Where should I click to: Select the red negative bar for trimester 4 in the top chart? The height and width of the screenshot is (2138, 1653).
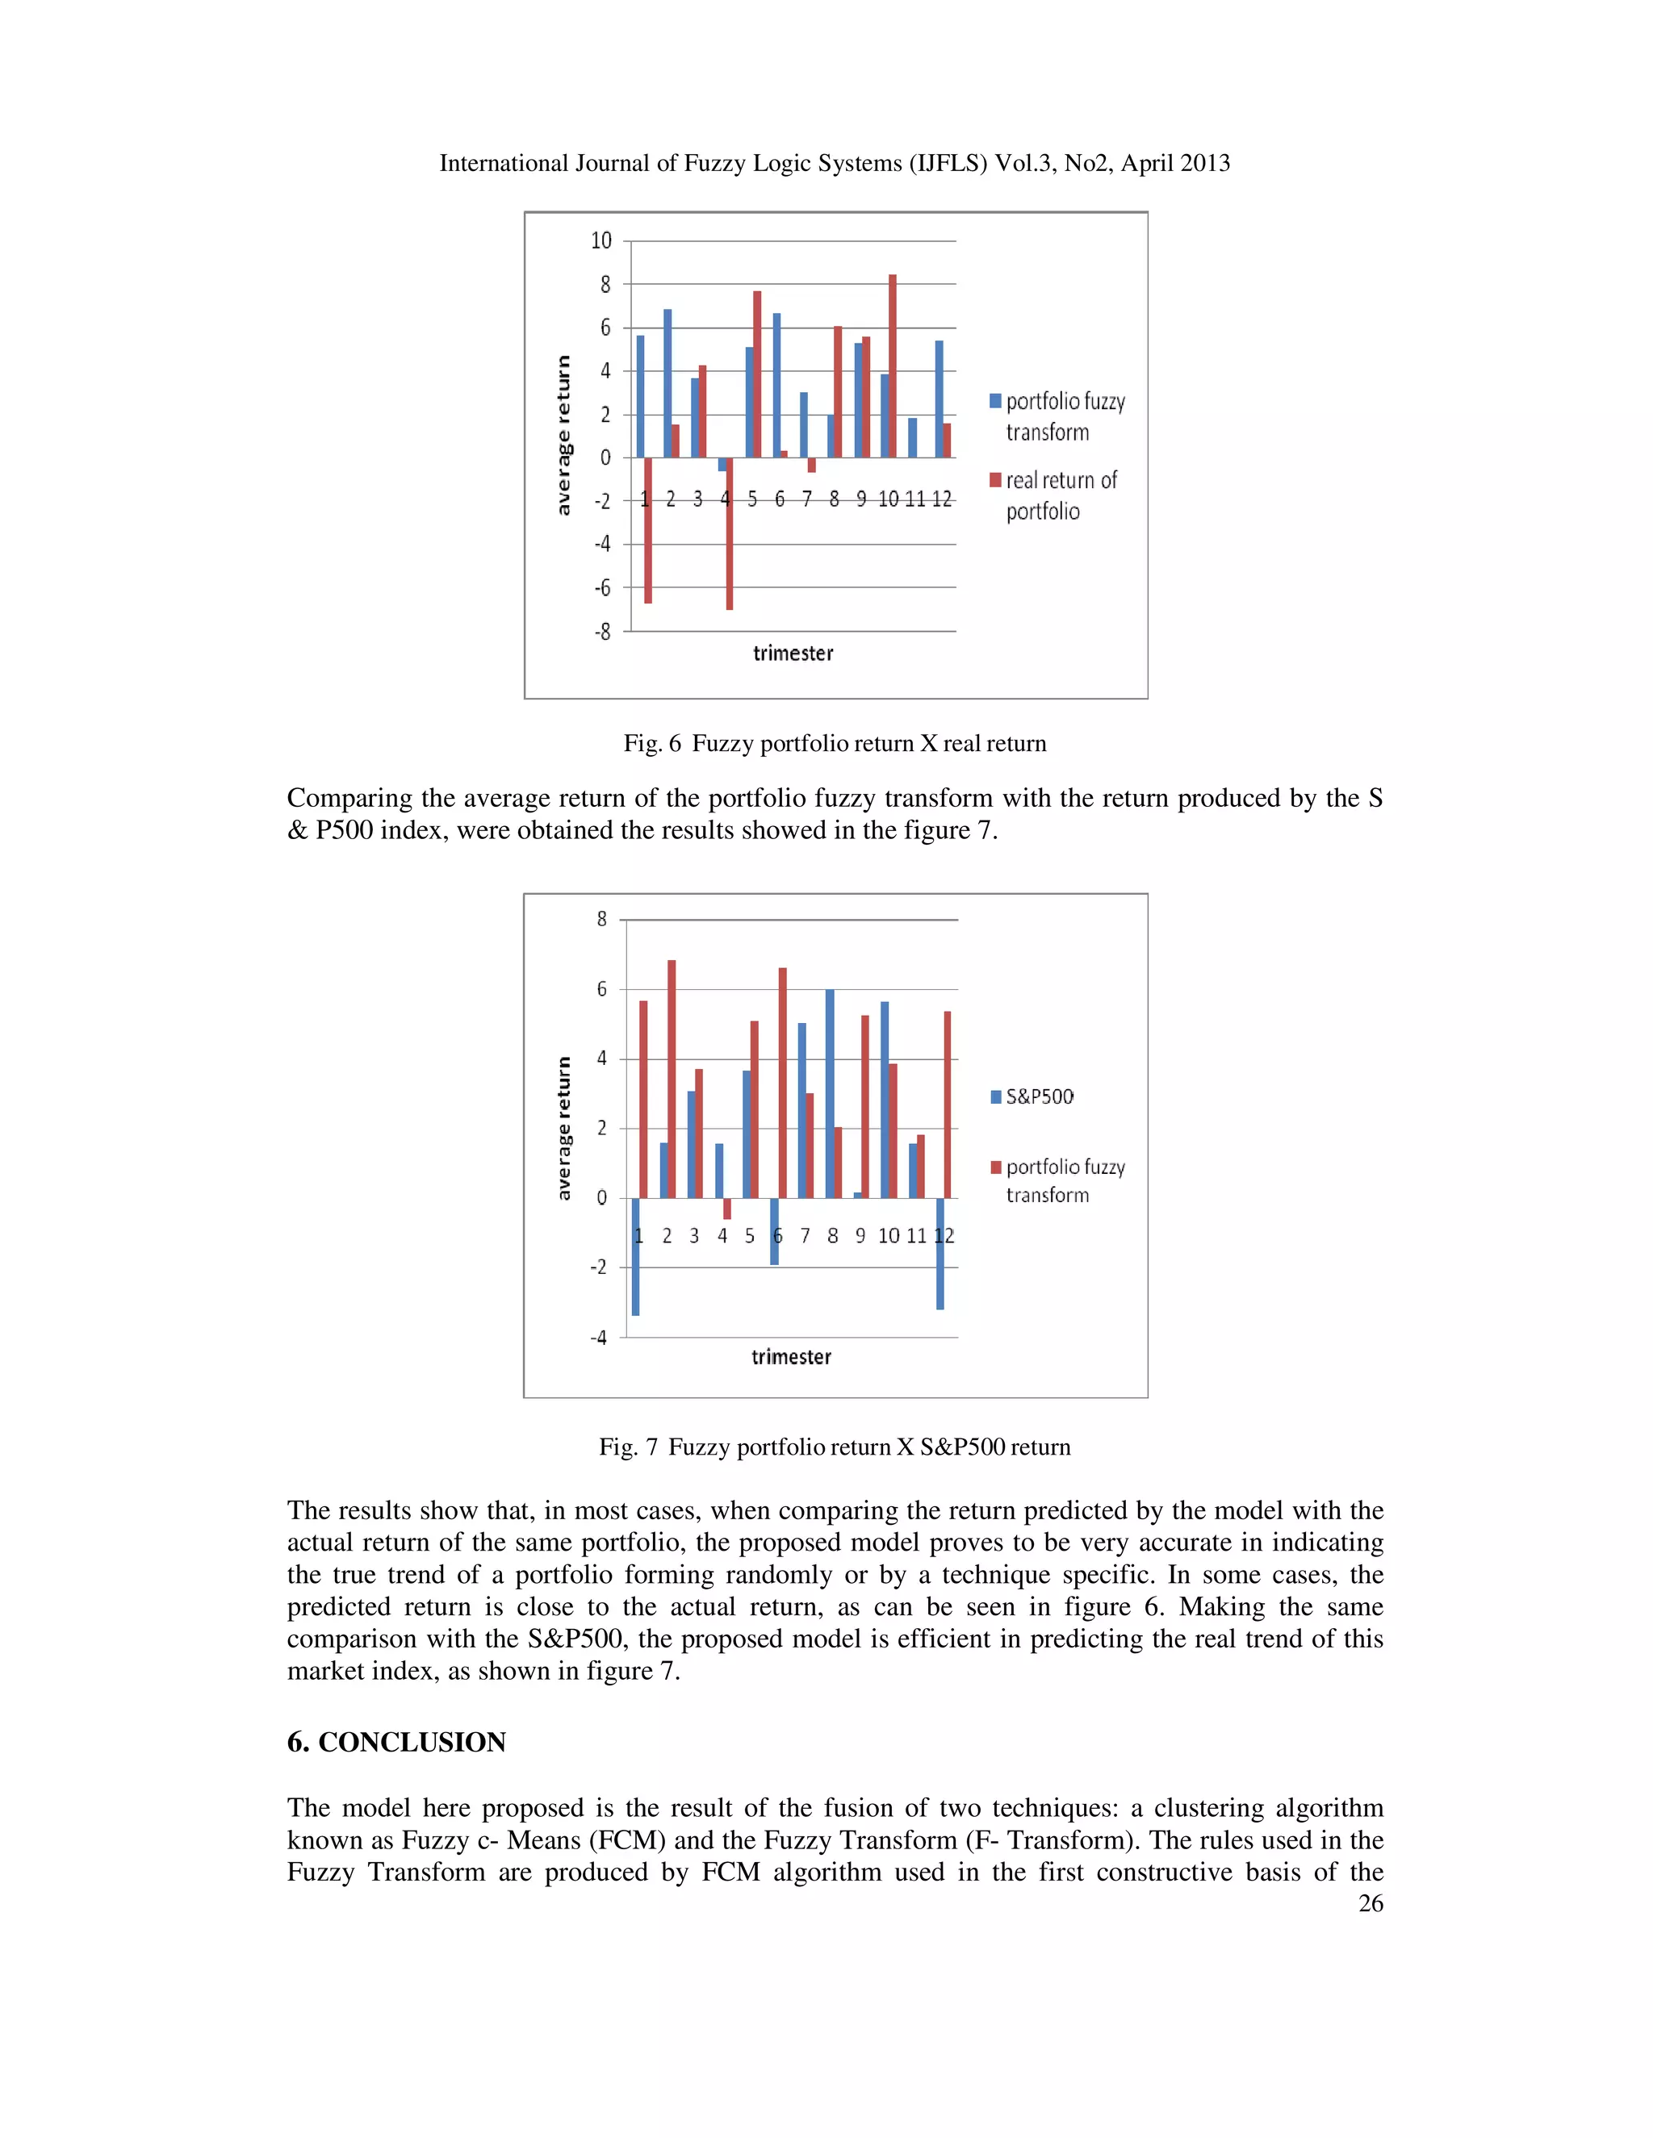730,533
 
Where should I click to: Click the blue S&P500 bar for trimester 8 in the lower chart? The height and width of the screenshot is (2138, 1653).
830,1093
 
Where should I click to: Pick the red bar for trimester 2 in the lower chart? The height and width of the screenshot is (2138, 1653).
672,1079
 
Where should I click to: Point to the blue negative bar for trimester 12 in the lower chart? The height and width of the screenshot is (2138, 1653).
940,1253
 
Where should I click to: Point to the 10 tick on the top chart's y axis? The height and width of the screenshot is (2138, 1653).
601,240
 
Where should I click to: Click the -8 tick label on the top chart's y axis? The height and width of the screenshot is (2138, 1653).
602,632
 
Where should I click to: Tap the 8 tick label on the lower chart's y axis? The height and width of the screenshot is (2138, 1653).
602,919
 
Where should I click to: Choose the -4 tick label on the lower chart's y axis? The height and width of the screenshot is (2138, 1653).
598,1337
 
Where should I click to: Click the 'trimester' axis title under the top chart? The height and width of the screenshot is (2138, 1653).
793,653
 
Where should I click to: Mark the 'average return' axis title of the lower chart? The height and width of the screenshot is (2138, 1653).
563,1128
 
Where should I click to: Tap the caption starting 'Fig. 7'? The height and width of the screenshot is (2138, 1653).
835,1447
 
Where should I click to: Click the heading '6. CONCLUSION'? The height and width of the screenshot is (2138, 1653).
395,1742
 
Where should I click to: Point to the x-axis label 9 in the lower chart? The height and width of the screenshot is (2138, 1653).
860,1235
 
